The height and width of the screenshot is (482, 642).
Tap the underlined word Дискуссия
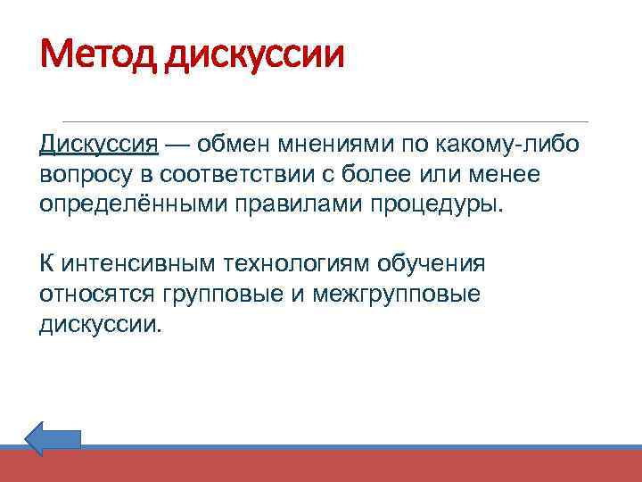(99, 145)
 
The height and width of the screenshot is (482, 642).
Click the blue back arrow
(53, 439)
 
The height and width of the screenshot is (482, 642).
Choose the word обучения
(432, 265)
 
